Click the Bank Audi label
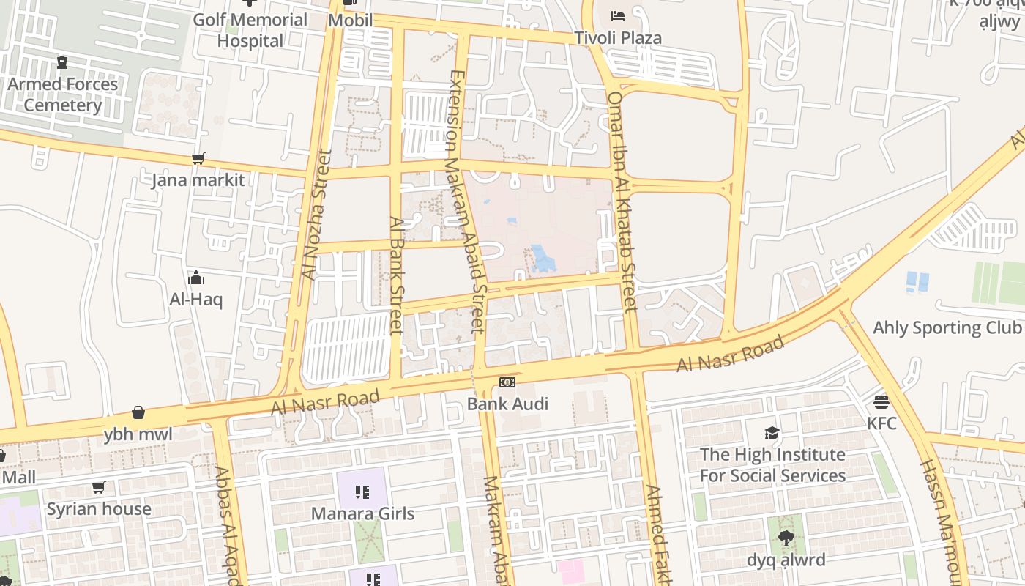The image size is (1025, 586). [507, 404]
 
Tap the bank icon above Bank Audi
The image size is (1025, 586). [507, 382]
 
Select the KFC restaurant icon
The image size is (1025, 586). [881, 401]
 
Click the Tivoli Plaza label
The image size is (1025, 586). [617, 38]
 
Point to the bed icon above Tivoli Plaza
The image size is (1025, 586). [618, 15]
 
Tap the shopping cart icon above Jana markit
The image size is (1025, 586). [198, 158]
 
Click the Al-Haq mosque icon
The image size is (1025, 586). [196, 278]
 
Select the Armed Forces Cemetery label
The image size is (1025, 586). [62, 94]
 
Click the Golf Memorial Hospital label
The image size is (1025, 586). [250, 30]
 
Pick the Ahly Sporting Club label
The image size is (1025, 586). [947, 327]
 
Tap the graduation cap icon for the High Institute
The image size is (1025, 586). [772, 433]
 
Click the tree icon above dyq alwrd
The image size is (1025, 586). [786, 539]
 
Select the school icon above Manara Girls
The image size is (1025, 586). [362, 492]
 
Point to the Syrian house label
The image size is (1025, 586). [99, 509]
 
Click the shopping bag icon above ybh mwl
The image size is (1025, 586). [138, 413]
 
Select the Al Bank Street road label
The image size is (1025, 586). [397, 275]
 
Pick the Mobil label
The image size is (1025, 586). [350, 20]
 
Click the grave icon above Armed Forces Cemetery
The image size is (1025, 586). [62, 63]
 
